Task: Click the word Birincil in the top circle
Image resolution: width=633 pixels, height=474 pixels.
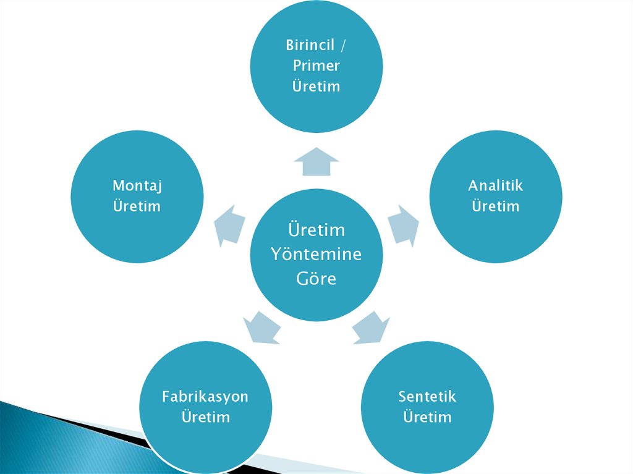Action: pos(310,45)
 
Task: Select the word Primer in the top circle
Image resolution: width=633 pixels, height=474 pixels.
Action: pos(316,66)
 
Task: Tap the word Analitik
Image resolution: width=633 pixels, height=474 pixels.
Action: pos(495,185)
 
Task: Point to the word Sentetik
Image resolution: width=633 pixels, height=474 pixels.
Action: pos(427,396)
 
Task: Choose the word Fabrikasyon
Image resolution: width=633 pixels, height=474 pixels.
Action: pos(205,396)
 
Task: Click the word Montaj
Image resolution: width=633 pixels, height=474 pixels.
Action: pos(137,185)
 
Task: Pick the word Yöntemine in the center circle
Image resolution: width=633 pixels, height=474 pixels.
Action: pos(316,254)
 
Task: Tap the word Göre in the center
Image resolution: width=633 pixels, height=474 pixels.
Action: pos(316,279)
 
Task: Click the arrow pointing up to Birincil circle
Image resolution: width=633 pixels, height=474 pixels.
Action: pos(316,162)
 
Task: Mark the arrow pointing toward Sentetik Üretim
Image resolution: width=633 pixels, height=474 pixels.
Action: pos(371,326)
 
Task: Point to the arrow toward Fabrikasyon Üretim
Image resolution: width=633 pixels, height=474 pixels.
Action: pos(261,326)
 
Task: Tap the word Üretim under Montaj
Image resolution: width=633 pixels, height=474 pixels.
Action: pos(137,206)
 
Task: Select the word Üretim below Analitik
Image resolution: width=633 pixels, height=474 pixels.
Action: pos(495,206)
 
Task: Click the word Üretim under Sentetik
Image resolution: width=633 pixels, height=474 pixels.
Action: pos(427,417)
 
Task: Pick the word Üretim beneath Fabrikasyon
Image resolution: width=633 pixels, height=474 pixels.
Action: pos(205,417)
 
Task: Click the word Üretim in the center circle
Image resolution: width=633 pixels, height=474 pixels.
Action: pos(316,230)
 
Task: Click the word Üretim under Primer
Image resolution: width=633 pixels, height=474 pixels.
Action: pos(316,86)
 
